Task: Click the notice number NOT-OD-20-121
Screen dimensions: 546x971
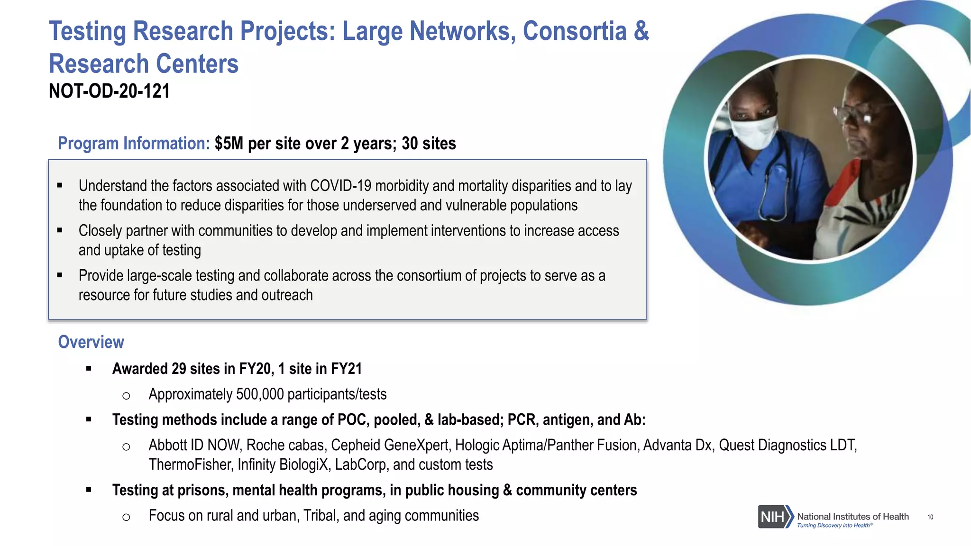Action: (x=109, y=91)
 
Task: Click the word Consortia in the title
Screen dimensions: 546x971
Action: (x=575, y=31)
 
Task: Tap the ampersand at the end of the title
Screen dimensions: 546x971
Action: (x=641, y=31)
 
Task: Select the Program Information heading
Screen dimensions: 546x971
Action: (x=134, y=144)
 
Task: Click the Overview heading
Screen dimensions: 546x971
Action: (x=91, y=342)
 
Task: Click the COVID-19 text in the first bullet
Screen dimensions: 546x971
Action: (x=340, y=186)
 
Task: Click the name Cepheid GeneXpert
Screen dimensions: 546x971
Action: (x=389, y=446)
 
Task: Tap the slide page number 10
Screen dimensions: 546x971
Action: (x=930, y=517)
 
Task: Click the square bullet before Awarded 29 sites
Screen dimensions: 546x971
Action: (x=89, y=369)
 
